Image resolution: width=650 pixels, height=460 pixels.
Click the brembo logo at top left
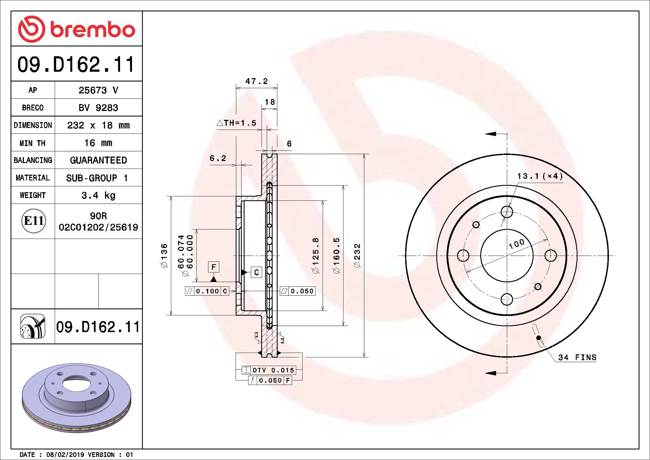point(77,29)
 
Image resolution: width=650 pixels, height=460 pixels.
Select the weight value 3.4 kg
point(98,195)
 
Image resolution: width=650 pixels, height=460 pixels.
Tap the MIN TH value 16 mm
point(98,143)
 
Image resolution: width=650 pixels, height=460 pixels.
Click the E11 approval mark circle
point(34,221)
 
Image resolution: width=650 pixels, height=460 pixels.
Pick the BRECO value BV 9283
point(98,108)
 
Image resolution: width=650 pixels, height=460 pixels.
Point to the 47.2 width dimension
point(256,81)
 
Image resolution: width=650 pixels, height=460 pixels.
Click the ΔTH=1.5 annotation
point(237,123)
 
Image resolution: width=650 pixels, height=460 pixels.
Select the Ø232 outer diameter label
point(357,255)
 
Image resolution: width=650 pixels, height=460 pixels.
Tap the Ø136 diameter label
point(164,255)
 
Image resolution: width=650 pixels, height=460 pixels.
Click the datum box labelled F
point(213,267)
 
